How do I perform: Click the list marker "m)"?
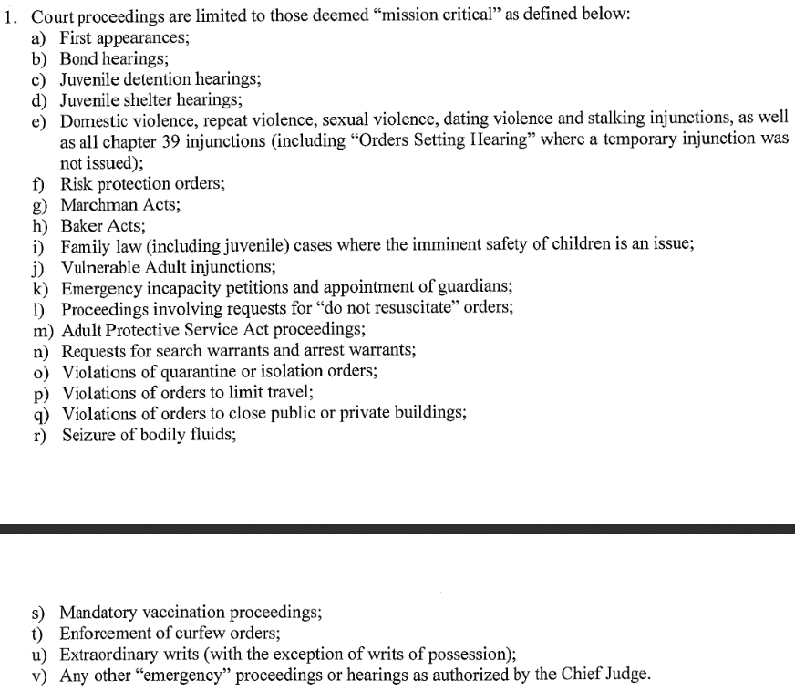pyautogui.click(x=42, y=329)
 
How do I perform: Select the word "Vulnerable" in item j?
pyautogui.click(x=98, y=267)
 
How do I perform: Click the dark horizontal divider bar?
pyautogui.click(x=397, y=528)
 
